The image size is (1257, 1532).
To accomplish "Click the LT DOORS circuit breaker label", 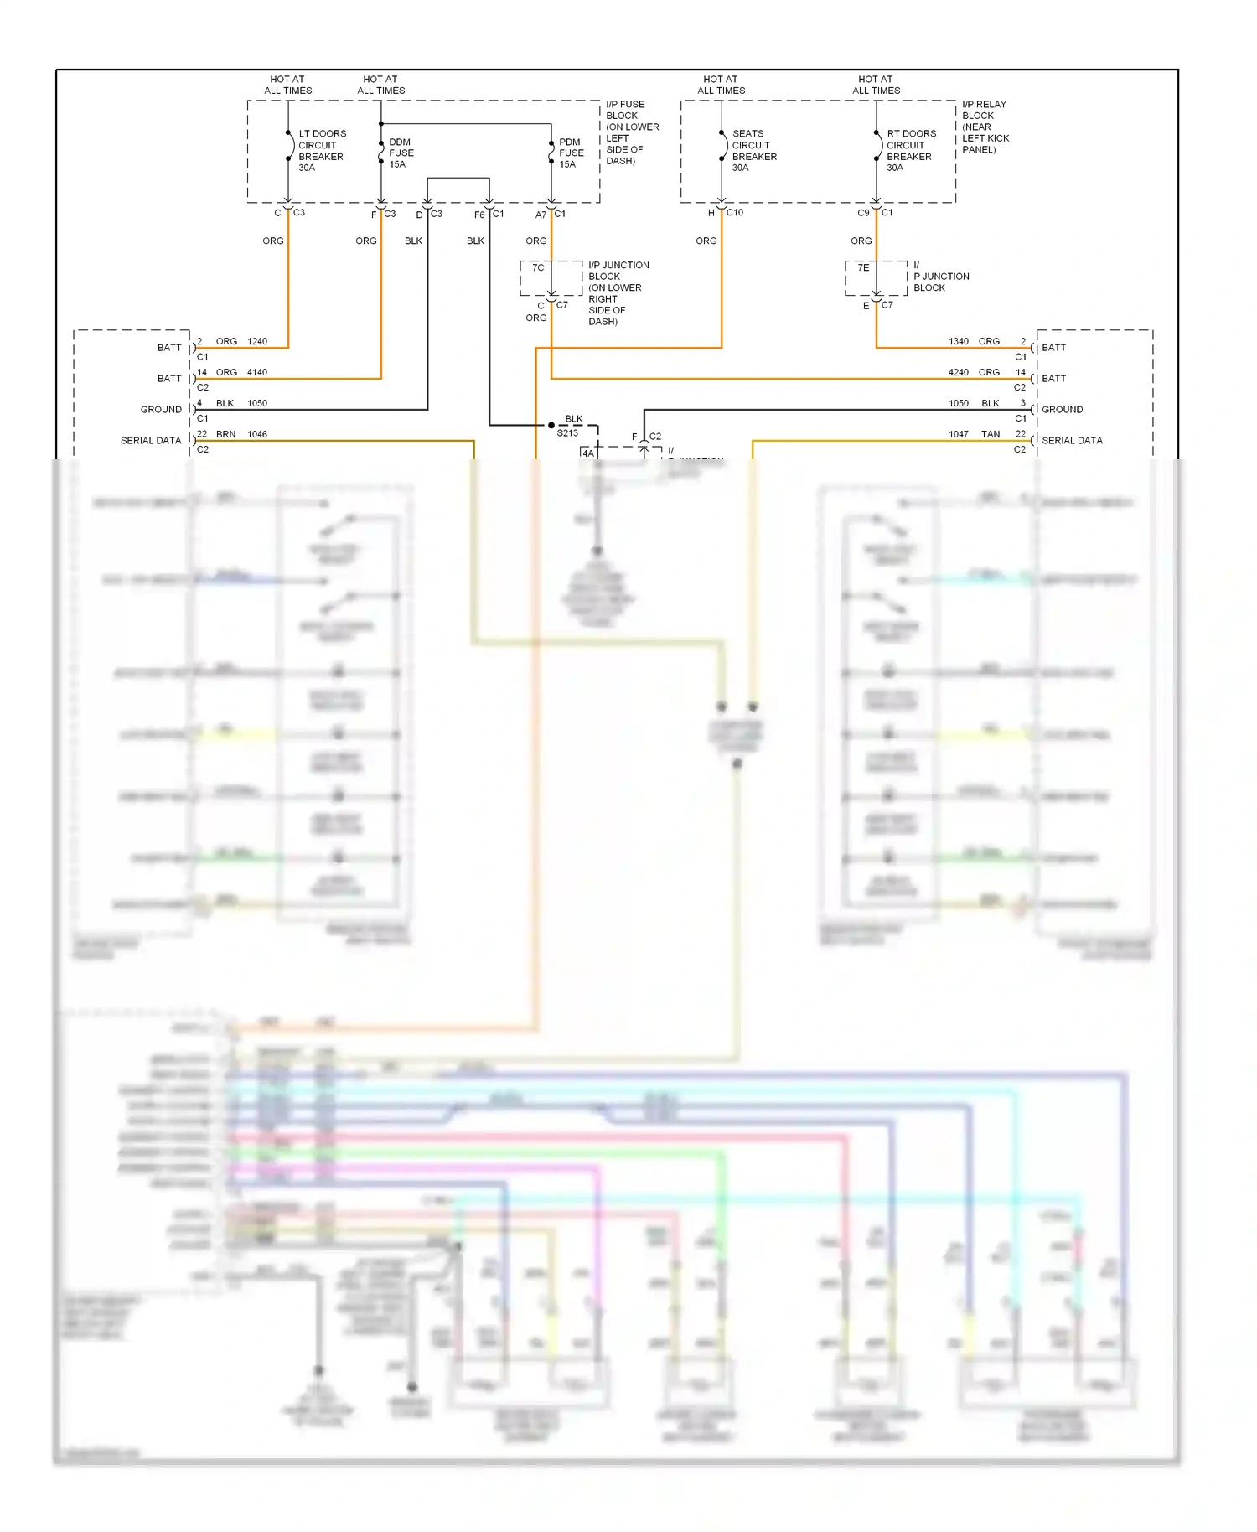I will point(321,150).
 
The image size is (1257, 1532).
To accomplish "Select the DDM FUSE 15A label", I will point(401,153).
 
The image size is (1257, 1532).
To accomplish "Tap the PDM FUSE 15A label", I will point(571,153).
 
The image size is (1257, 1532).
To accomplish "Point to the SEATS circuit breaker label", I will point(753,150).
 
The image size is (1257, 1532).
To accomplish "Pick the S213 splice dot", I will point(551,425).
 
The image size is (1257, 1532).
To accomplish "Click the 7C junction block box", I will point(551,277).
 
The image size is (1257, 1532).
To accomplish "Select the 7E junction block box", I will point(876,277).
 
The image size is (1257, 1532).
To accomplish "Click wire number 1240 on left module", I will point(257,341).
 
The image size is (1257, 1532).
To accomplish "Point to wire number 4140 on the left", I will point(257,372).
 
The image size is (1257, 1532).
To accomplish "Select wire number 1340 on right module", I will point(959,341).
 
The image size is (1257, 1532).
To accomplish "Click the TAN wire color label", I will point(991,434).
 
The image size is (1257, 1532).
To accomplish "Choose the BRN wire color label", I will point(225,434).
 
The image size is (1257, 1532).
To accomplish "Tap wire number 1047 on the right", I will point(959,434).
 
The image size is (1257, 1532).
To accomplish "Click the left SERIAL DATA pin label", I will point(151,440).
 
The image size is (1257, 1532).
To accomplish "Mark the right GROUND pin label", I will point(1062,409).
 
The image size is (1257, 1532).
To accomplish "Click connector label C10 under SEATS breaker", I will point(735,213).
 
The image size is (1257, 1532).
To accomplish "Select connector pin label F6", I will point(479,215).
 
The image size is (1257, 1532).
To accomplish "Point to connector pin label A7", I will point(541,215).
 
